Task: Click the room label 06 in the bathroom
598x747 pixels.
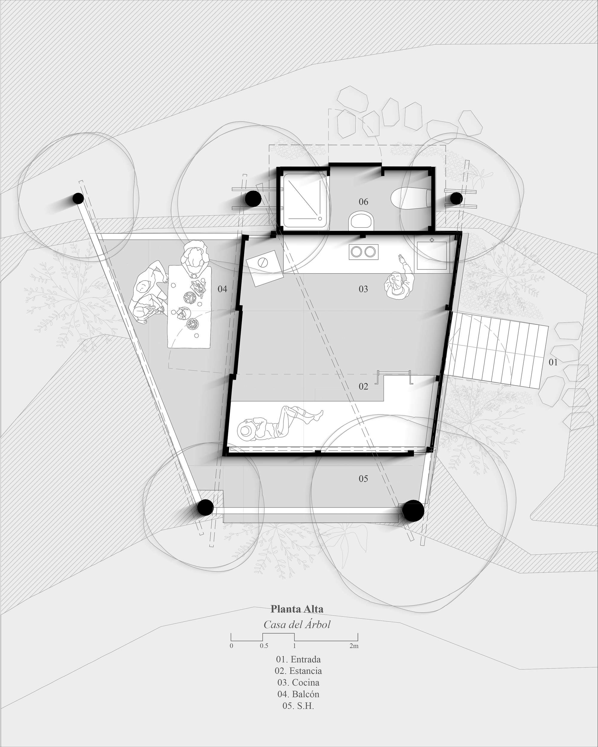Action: point(363,202)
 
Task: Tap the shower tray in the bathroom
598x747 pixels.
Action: point(305,202)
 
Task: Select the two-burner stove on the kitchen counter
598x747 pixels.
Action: point(363,252)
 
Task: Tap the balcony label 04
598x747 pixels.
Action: point(222,289)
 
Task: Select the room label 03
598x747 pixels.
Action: point(363,289)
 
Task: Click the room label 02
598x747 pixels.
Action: point(363,387)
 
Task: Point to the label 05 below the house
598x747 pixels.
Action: point(363,479)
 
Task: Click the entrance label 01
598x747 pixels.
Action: point(553,362)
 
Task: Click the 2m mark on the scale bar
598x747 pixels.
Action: point(354,646)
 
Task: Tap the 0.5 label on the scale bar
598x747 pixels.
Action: point(264,646)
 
